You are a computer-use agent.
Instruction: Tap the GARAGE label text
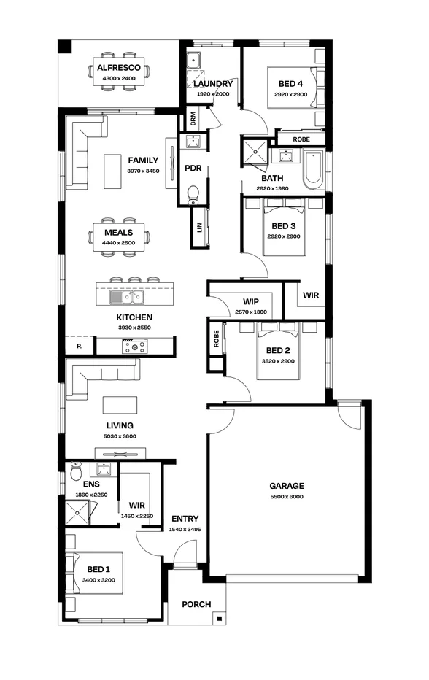point(286,486)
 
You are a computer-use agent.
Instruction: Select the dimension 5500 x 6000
point(286,497)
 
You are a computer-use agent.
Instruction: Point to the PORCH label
point(196,604)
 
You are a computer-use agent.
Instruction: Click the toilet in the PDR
point(193,194)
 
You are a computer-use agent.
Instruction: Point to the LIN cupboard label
point(198,227)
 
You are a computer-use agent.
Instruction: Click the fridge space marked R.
point(79,346)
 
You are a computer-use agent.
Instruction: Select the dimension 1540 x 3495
point(185,530)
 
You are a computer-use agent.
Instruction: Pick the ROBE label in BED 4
point(301,139)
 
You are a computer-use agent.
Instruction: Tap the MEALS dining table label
point(118,233)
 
